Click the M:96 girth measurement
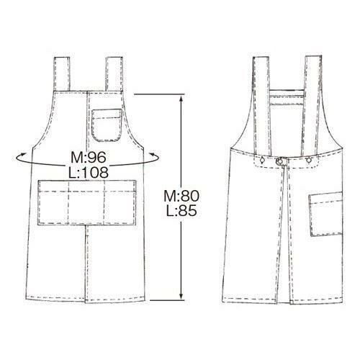pyautogui.click(x=89, y=158)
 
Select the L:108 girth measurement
pyautogui.click(x=89, y=172)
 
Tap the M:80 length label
pyautogui.click(x=181, y=196)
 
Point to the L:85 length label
pyautogui.click(x=181, y=210)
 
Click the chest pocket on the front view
pyautogui.click(x=107, y=125)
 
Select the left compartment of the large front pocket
pyautogui.click(x=53, y=202)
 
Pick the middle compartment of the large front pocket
pyautogui.click(x=86, y=202)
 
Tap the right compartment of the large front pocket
pyautogui.click(x=120, y=202)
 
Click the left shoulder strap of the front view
pyautogui.click(x=62, y=74)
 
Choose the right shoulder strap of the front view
pyautogui.click(x=114, y=74)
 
